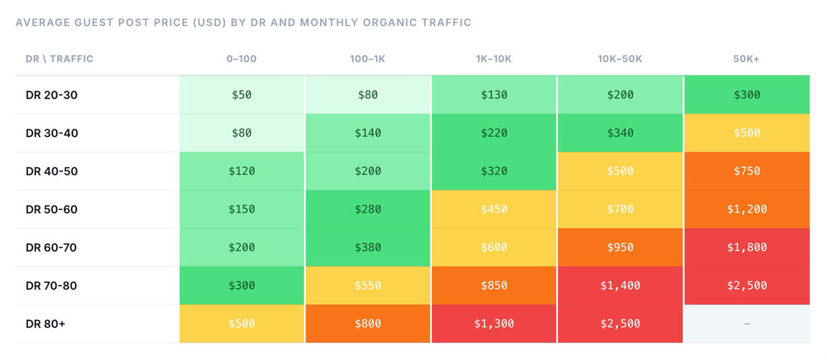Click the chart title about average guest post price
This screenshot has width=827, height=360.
point(243,23)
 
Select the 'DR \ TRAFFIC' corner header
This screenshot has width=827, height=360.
point(60,59)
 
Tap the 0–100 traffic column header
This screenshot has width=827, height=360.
point(241,59)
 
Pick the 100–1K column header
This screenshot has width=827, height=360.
point(368,59)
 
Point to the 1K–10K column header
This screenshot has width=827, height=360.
point(494,59)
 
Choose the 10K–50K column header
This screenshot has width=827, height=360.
point(620,59)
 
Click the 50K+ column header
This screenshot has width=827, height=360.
point(746,59)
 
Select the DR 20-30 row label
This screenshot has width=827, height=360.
point(52,95)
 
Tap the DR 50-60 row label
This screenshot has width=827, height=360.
point(52,210)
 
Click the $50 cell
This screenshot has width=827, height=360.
point(242,95)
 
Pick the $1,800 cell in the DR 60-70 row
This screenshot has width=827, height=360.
point(747,247)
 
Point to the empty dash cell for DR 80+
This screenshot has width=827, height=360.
point(747,324)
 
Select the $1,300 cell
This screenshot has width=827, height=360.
point(494,324)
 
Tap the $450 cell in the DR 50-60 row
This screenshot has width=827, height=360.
point(494,210)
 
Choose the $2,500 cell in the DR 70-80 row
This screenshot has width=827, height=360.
point(747,286)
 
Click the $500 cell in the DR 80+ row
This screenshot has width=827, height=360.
point(242,324)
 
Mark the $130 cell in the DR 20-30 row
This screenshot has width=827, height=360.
point(494,95)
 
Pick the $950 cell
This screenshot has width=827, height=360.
point(620,247)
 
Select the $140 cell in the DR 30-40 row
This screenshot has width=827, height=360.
point(368,133)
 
